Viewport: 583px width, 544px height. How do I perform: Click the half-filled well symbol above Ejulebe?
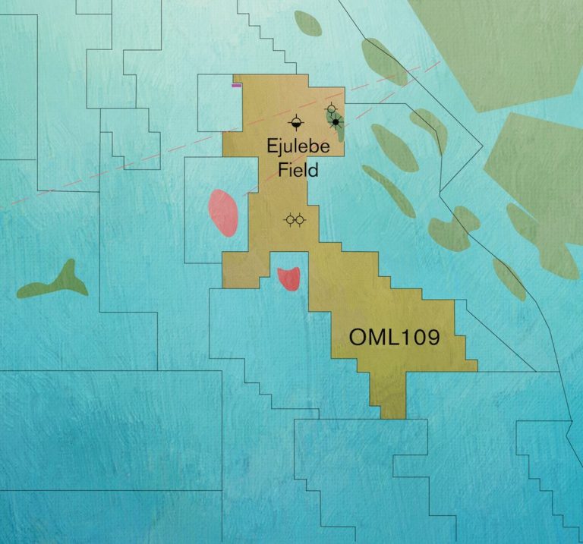pos(295,122)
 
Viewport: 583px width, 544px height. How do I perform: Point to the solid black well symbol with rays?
pos(335,122)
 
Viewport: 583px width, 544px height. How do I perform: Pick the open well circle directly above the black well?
pos(331,109)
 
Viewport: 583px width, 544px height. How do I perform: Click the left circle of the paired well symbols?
pos(289,220)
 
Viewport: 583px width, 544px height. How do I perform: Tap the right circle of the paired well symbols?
pos(301,220)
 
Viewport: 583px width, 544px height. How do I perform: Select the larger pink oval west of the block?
pos(223,212)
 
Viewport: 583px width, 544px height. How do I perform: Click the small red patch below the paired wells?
pos(289,278)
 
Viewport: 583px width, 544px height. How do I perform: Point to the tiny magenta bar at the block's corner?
pos(237,86)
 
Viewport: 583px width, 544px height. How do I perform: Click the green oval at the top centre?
pos(307,23)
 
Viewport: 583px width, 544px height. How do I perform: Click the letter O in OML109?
pos(358,337)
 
